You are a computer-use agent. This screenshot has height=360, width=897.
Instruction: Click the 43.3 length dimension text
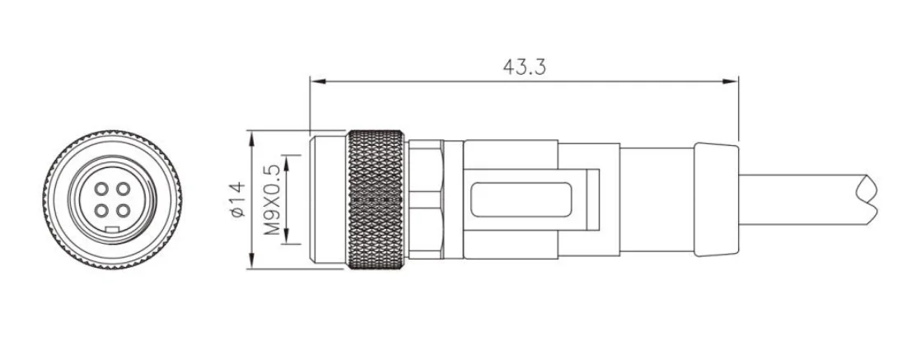[524, 67]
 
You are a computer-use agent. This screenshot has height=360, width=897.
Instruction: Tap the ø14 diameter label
[237, 200]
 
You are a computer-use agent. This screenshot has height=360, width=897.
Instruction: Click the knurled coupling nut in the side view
[376, 200]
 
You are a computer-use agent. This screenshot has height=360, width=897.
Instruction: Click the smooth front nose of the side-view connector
[327, 200]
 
